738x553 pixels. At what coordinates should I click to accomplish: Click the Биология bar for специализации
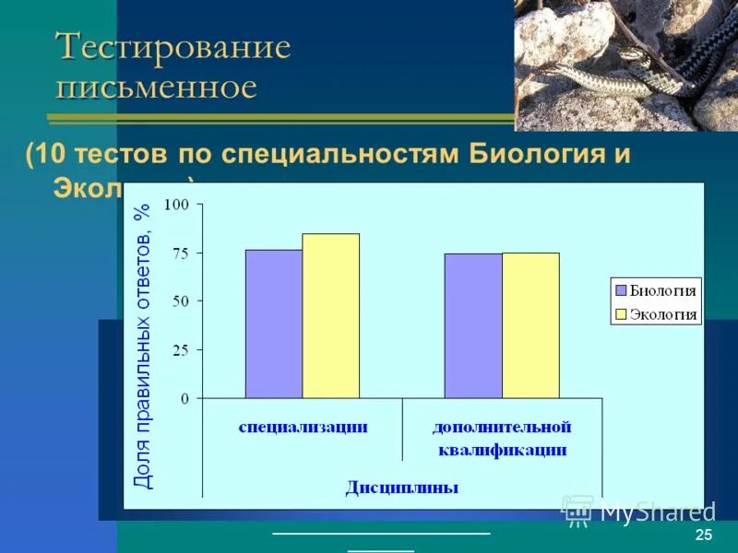coord(273,324)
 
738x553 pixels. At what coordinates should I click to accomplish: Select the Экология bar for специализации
coord(330,315)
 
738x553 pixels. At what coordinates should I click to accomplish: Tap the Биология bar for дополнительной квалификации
coord(472,325)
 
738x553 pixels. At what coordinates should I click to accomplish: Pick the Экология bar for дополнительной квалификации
coord(530,325)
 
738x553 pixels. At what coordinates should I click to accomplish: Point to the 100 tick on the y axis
coord(175,205)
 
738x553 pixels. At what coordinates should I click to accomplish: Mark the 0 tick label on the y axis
coord(184,398)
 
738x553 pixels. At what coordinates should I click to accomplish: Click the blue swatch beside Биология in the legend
coord(622,290)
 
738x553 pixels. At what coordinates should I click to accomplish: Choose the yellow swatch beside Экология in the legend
coord(622,314)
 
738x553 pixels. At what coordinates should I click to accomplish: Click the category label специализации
coord(303,427)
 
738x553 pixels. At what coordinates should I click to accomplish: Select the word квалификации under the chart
coord(503,451)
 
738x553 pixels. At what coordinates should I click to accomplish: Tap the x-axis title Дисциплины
coord(402,487)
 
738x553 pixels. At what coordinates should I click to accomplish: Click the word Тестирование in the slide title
coord(173,47)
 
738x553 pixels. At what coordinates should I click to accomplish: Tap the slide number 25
coord(704,536)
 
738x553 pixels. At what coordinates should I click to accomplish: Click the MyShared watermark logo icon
coord(578,510)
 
